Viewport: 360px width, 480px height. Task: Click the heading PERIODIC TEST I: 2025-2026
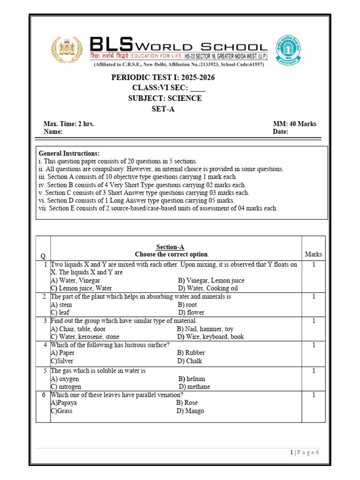163,77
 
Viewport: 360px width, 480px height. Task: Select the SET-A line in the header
163,109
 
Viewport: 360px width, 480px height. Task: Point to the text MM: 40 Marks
294,124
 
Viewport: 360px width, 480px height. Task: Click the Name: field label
53,132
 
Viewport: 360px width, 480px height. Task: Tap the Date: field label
280,132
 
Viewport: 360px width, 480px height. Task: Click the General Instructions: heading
69,154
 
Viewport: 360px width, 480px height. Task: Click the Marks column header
314,255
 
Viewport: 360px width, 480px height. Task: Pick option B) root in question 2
187,305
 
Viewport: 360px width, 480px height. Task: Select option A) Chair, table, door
78,329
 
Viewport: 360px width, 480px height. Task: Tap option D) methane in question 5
194,387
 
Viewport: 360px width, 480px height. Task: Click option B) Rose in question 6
187,403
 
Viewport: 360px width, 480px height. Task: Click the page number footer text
304,452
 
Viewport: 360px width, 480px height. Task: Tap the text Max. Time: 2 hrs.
69,124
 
